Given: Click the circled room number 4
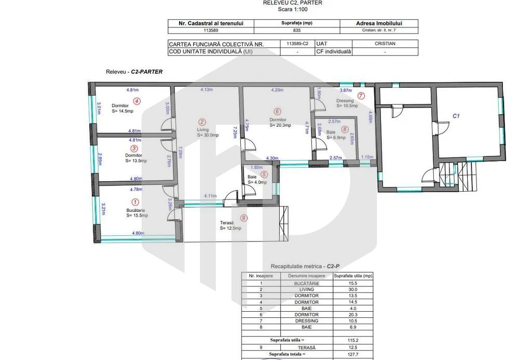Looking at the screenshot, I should click(136, 101).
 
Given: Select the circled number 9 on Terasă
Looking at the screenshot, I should click(243, 218).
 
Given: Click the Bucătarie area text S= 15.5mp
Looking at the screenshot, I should click(137, 215).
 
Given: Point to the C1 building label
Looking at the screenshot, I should click(456, 116).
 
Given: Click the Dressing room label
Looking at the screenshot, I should click(345, 100).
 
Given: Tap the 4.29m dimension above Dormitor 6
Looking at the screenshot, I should click(277, 90).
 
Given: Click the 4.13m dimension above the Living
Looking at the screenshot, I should click(207, 90).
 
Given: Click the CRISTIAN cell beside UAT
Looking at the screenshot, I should click(385, 44).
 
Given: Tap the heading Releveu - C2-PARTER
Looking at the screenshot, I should click(134, 72).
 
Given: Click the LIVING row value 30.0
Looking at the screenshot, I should click(353, 289).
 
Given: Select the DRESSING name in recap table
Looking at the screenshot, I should click(306, 321).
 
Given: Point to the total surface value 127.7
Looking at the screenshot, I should click(353, 354).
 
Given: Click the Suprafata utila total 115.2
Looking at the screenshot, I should click(353, 340).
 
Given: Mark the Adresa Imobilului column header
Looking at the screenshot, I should click(379, 23).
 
